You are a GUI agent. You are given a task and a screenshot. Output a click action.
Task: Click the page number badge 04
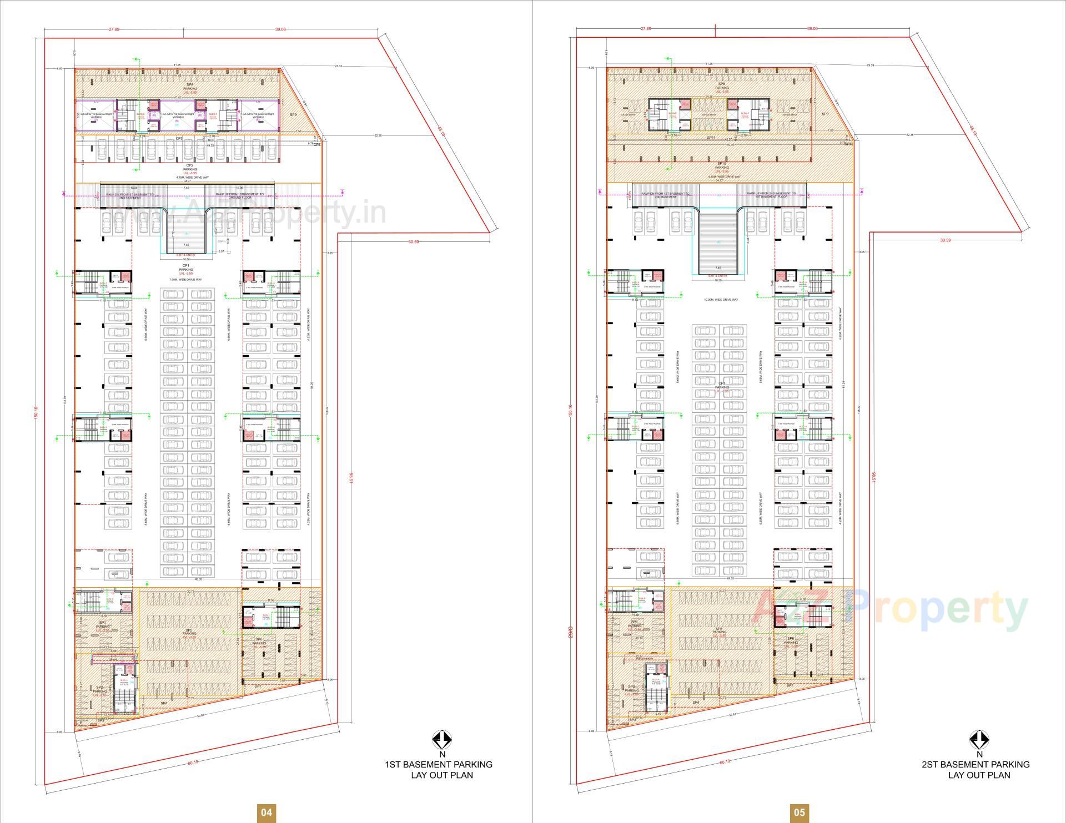click(266, 812)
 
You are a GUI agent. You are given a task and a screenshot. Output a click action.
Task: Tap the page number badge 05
click(799, 812)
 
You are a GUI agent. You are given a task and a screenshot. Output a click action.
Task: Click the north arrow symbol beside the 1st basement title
click(442, 739)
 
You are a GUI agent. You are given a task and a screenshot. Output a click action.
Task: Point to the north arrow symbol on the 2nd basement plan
click(979, 739)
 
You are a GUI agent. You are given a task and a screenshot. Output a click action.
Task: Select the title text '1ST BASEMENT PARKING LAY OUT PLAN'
click(439, 770)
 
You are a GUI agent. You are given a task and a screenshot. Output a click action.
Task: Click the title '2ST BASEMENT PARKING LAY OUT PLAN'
click(976, 770)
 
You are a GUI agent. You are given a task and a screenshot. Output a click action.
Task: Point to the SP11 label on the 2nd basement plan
click(711, 137)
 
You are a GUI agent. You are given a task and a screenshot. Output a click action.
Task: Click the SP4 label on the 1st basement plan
click(164, 703)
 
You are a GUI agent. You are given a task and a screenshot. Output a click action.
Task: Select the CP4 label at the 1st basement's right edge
click(317, 144)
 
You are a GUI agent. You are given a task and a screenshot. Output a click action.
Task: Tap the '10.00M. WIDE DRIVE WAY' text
click(721, 300)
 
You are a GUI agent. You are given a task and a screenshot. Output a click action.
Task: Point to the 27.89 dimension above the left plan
click(114, 29)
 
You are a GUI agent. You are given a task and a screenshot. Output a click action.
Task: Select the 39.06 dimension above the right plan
click(812, 29)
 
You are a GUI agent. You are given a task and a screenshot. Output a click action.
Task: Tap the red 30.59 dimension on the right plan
click(945, 240)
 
